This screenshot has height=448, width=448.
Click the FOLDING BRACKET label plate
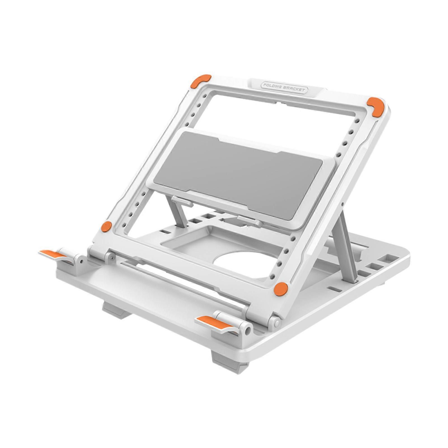[284, 88]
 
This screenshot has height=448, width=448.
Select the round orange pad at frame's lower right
[281, 288]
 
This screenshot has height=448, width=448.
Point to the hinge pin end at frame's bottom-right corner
[277, 323]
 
